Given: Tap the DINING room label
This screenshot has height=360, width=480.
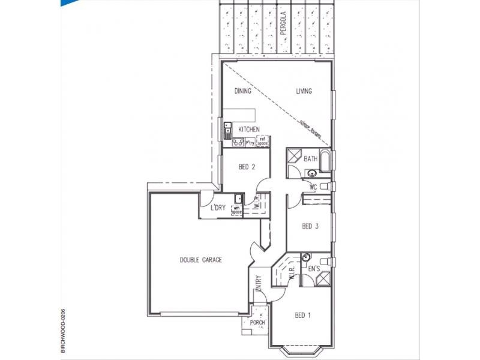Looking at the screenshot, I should coord(242,92).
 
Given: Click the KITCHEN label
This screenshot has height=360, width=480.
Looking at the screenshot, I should coord(249,130).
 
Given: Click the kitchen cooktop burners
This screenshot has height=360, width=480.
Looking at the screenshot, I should coord(237,143).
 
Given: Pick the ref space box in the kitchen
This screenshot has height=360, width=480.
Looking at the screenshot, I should coord(262,142).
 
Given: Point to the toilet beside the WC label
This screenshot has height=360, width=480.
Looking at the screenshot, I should coord(325,188).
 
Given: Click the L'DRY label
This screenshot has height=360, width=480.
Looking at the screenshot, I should coord(217,208).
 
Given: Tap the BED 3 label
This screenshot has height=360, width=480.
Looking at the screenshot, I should coord(310,226).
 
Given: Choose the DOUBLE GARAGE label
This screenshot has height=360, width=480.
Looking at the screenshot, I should coord(201,260).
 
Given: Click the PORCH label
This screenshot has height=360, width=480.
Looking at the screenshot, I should coord(258,322).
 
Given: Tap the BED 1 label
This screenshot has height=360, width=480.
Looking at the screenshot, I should coord(302,315).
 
